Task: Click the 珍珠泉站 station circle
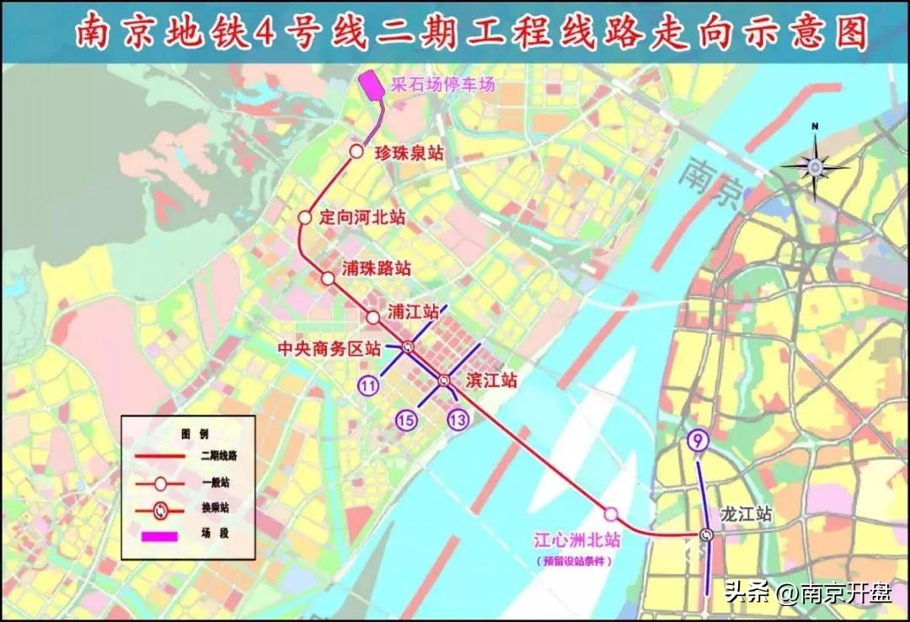pyautogui.click(x=356, y=152)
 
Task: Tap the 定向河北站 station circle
pyautogui.click(x=305, y=217)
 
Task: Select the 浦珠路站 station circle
pyautogui.click(x=328, y=278)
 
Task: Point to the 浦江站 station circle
pyautogui.click(x=373, y=317)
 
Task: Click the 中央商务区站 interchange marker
pyautogui.click(x=408, y=346)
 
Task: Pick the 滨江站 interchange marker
pyautogui.click(x=444, y=381)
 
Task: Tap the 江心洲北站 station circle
pyautogui.click(x=611, y=513)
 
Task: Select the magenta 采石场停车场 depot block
pyautogui.click(x=372, y=86)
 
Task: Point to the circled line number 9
pyautogui.click(x=697, y=438)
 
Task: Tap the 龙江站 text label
pyautogui.click(x=746, y=513)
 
